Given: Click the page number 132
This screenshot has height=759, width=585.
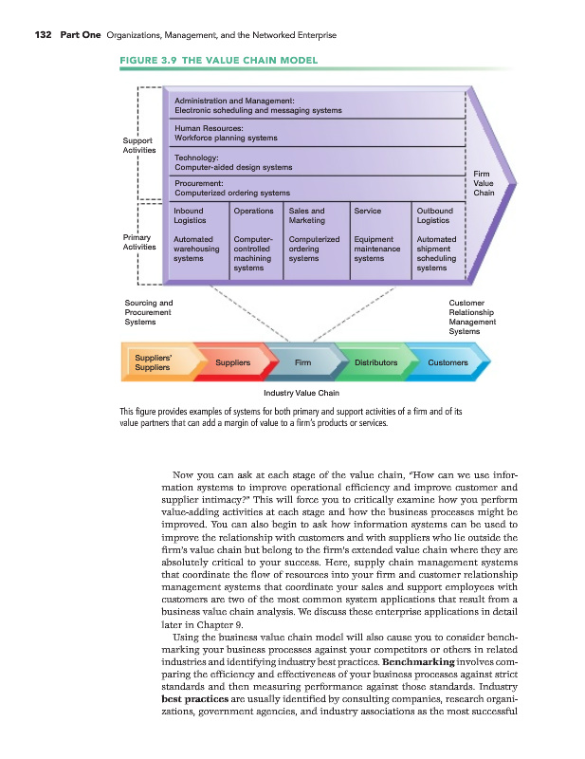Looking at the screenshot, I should (42, 35).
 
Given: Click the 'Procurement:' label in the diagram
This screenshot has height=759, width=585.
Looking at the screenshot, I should (198, 182).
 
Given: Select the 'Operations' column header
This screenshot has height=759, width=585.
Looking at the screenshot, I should (253, 210).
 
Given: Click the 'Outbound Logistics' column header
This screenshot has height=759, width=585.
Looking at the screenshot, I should (435, 215).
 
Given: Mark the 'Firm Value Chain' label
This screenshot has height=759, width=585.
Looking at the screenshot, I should (483, 183).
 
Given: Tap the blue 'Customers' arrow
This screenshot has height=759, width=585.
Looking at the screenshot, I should (448, 362).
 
